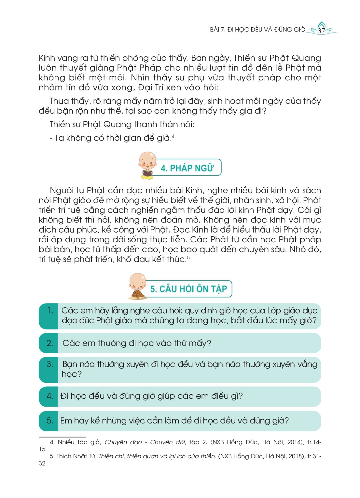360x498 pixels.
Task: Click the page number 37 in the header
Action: click(321, 31)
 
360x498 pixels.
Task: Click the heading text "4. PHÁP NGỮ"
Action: click(187, 168)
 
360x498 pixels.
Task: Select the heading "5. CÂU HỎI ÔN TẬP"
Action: click(188, 289)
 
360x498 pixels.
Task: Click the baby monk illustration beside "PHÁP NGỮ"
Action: click(147, 165)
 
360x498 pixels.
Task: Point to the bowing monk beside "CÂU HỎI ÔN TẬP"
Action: click(138, 286)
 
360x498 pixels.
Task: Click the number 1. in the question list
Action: click(50, 311)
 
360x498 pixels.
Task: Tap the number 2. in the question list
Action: click(50, 343)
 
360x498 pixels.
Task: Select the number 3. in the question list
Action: click(50, 364)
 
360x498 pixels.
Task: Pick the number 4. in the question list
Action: click(50, 396)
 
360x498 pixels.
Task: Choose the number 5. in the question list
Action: click(50, 421)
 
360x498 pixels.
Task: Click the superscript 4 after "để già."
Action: click(173, 137)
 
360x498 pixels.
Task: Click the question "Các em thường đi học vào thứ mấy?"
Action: click(137, 343)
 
